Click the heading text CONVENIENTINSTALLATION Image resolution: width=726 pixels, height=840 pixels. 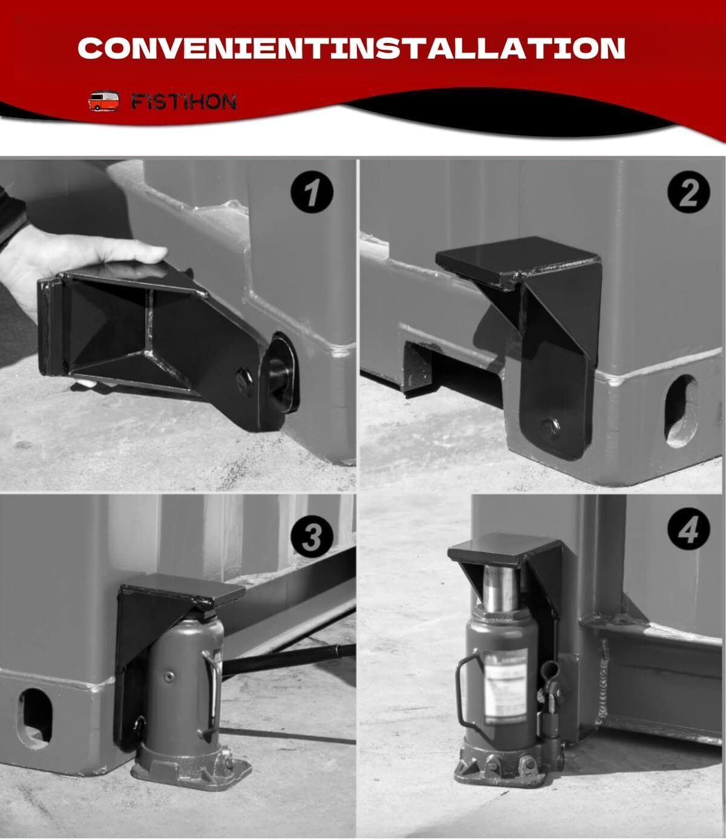click(x=352, y=48)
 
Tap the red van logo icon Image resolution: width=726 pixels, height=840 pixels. click(x=101, y=101)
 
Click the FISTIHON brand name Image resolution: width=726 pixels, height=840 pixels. click(x=183, y=102)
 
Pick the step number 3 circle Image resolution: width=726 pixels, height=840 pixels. click(x=311, y=536)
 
